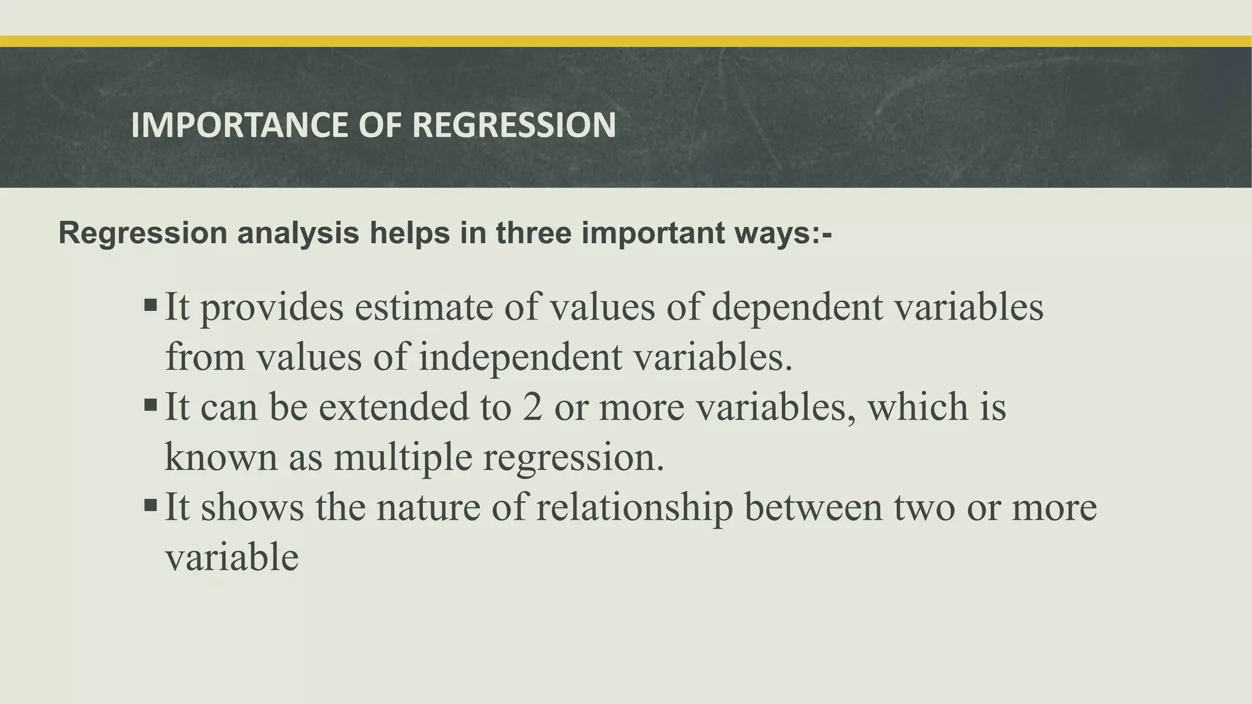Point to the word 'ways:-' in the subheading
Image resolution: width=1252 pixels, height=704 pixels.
789,233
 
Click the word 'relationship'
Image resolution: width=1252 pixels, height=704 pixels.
634,508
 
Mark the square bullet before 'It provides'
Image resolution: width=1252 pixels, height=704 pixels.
150,304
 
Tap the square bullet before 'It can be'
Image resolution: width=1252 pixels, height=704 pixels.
150,405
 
